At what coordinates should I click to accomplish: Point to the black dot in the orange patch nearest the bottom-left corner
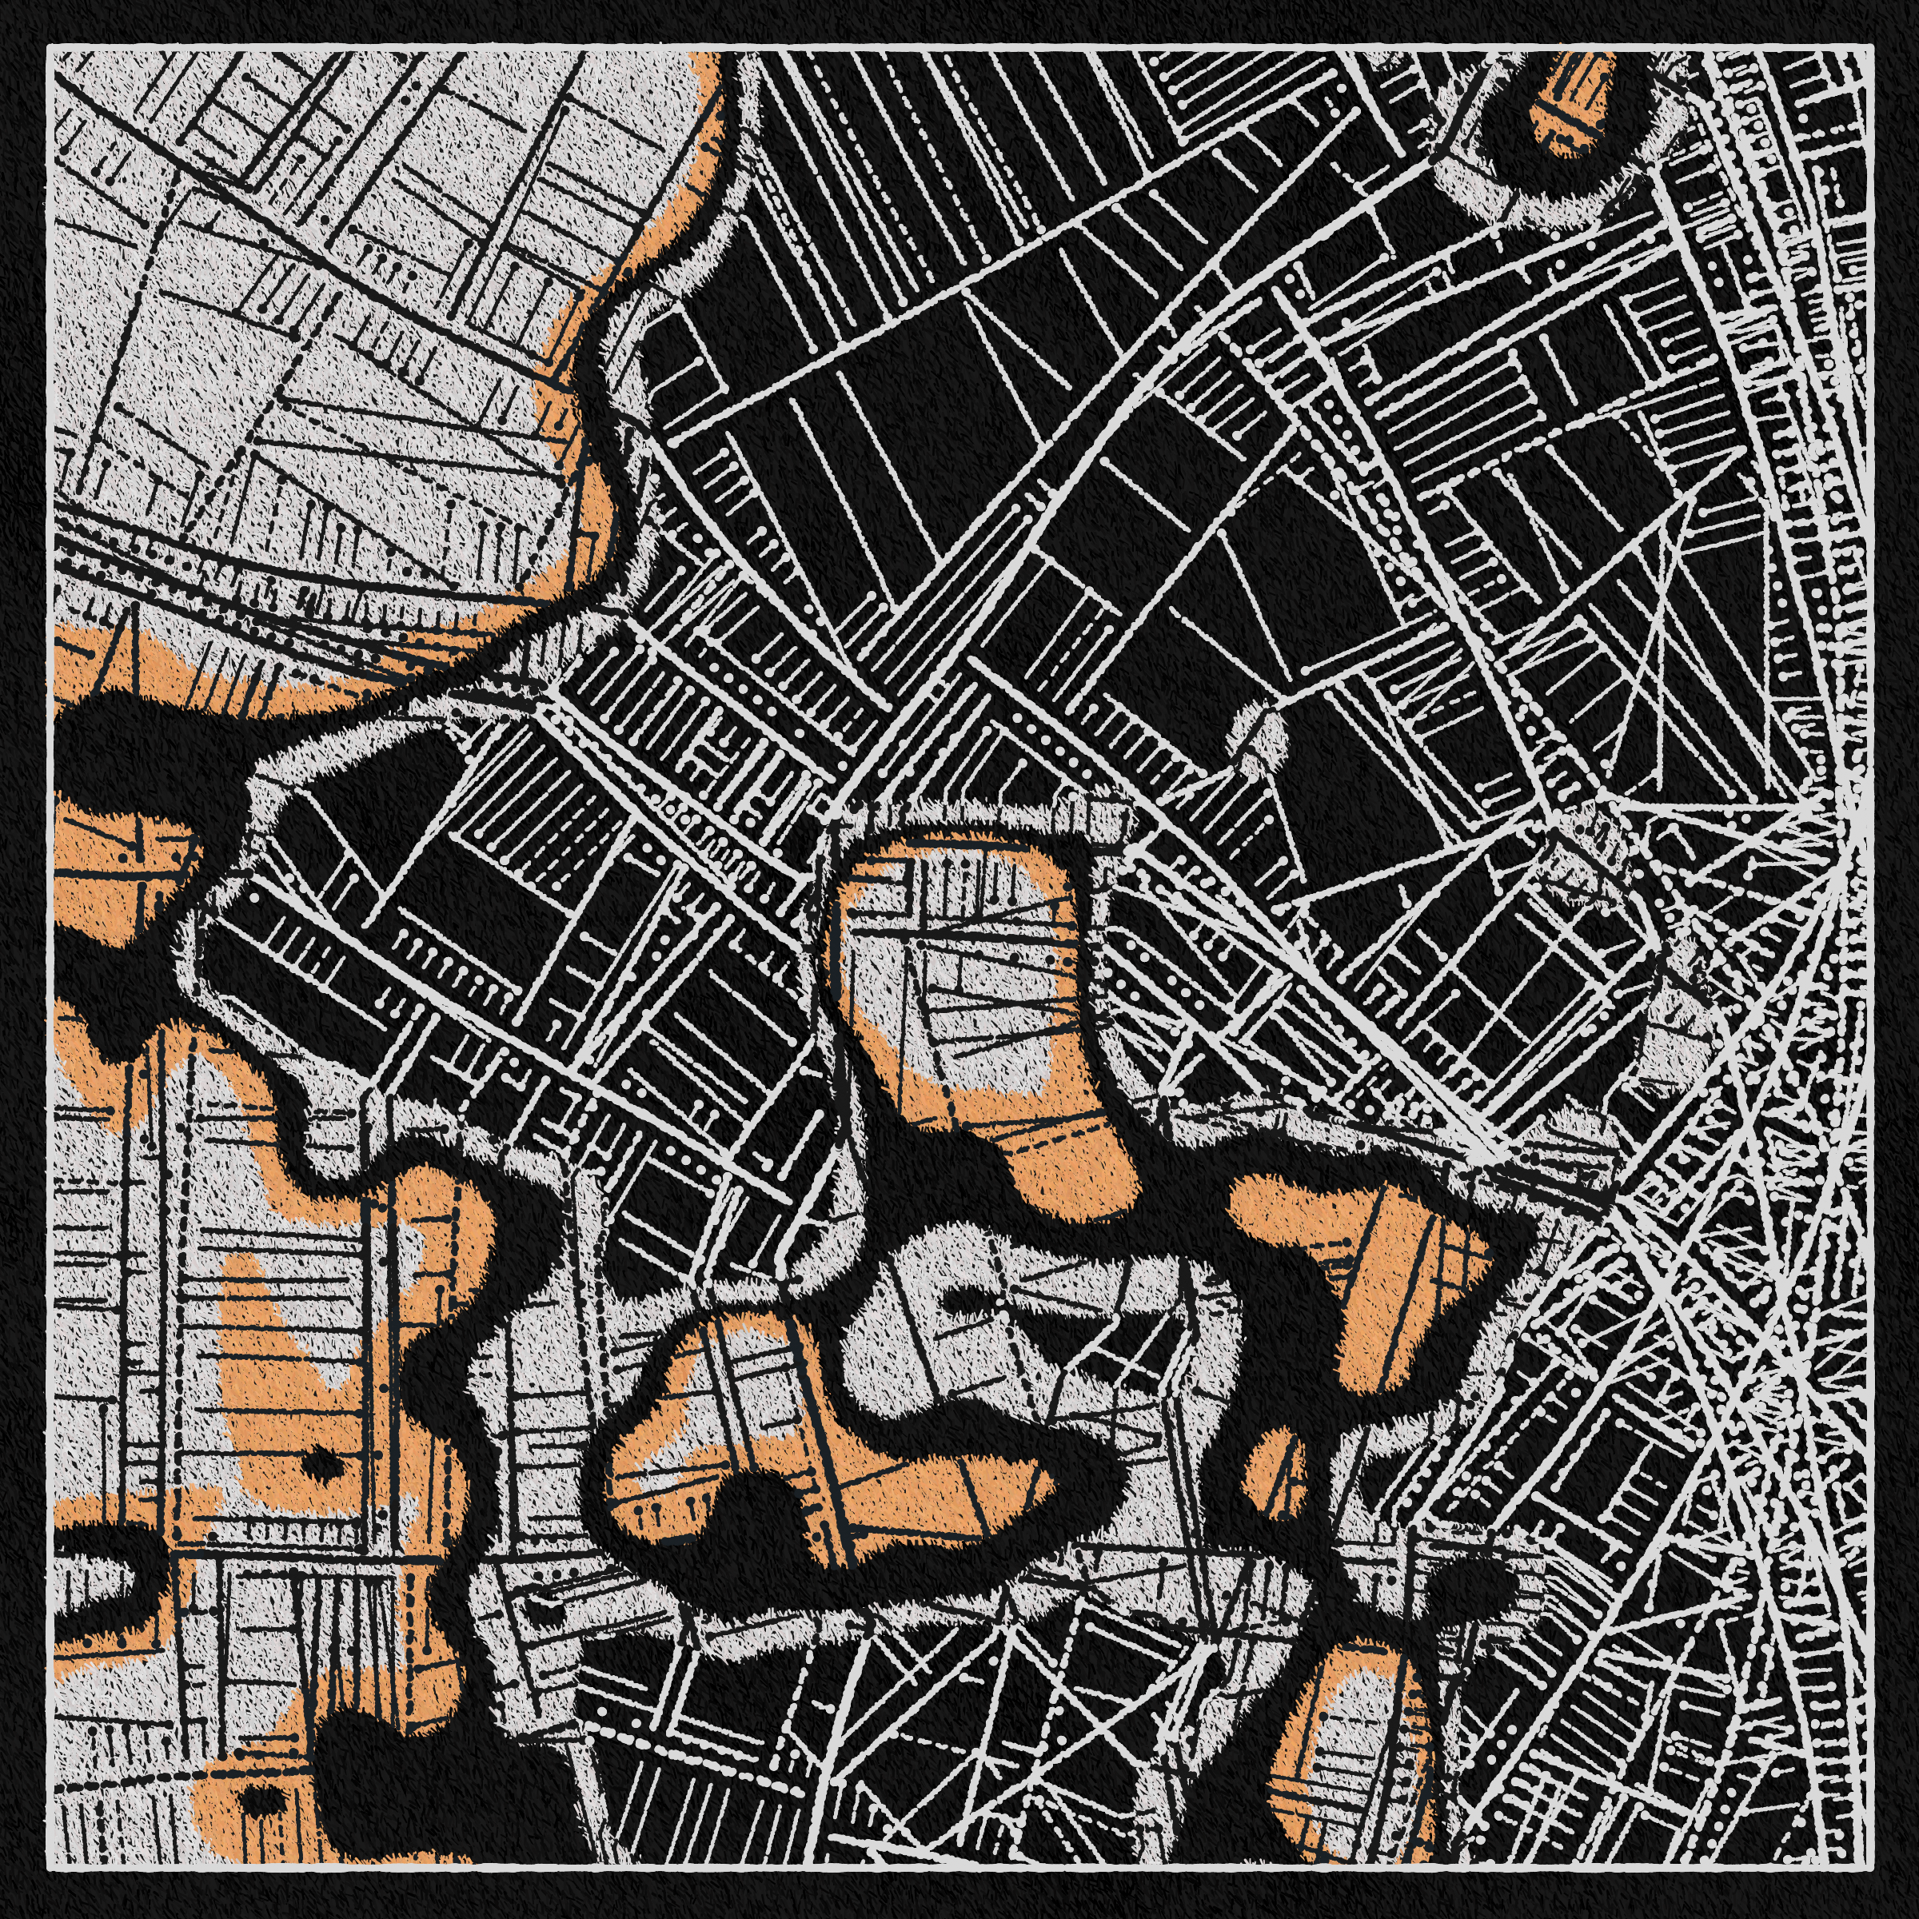[x=259, y=1797]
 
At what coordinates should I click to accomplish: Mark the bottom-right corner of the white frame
[x=1869, y=1869]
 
